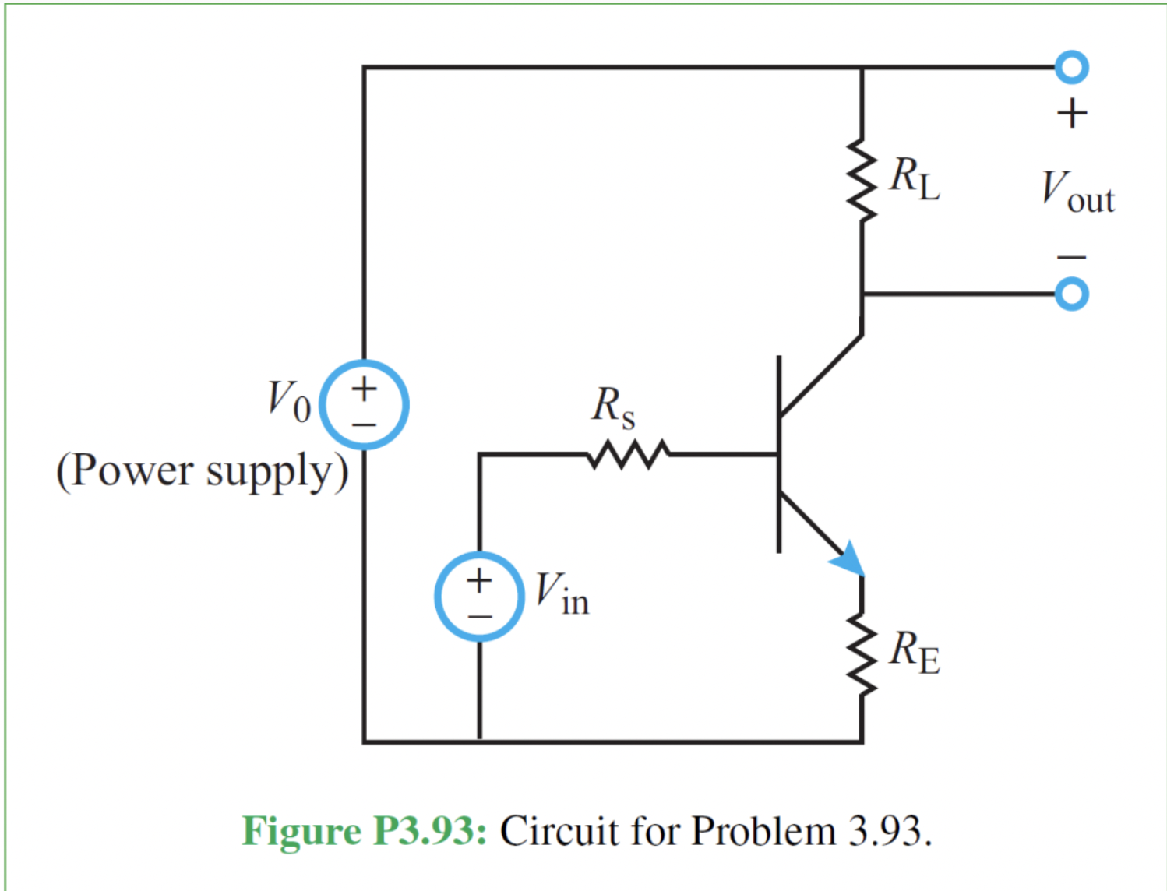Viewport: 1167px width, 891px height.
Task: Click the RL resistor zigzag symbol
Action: [862, 181]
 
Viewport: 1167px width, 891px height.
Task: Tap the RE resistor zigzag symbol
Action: [862, 654]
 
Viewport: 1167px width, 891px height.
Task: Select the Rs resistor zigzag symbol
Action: [628, 454]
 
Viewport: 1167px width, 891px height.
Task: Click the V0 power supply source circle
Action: [365, 405]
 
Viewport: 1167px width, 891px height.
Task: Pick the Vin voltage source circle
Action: [479, 597]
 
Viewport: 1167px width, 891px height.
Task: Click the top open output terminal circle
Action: [1072, 67]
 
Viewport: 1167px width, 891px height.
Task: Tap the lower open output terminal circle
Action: [1072, 294]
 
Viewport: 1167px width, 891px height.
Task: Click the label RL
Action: [915, 179]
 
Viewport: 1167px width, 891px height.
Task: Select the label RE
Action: [915, 653]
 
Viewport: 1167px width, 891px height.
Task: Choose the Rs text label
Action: [613, 407]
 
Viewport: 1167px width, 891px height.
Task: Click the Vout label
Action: [1078, 192]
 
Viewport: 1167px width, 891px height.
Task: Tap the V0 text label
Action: [288, 400]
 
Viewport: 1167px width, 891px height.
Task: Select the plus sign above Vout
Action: [1072, 114]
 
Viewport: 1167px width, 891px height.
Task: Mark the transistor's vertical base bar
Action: [779, 454]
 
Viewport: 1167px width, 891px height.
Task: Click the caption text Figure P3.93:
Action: [365, 831]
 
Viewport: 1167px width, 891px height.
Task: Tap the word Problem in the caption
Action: [763, 831]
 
